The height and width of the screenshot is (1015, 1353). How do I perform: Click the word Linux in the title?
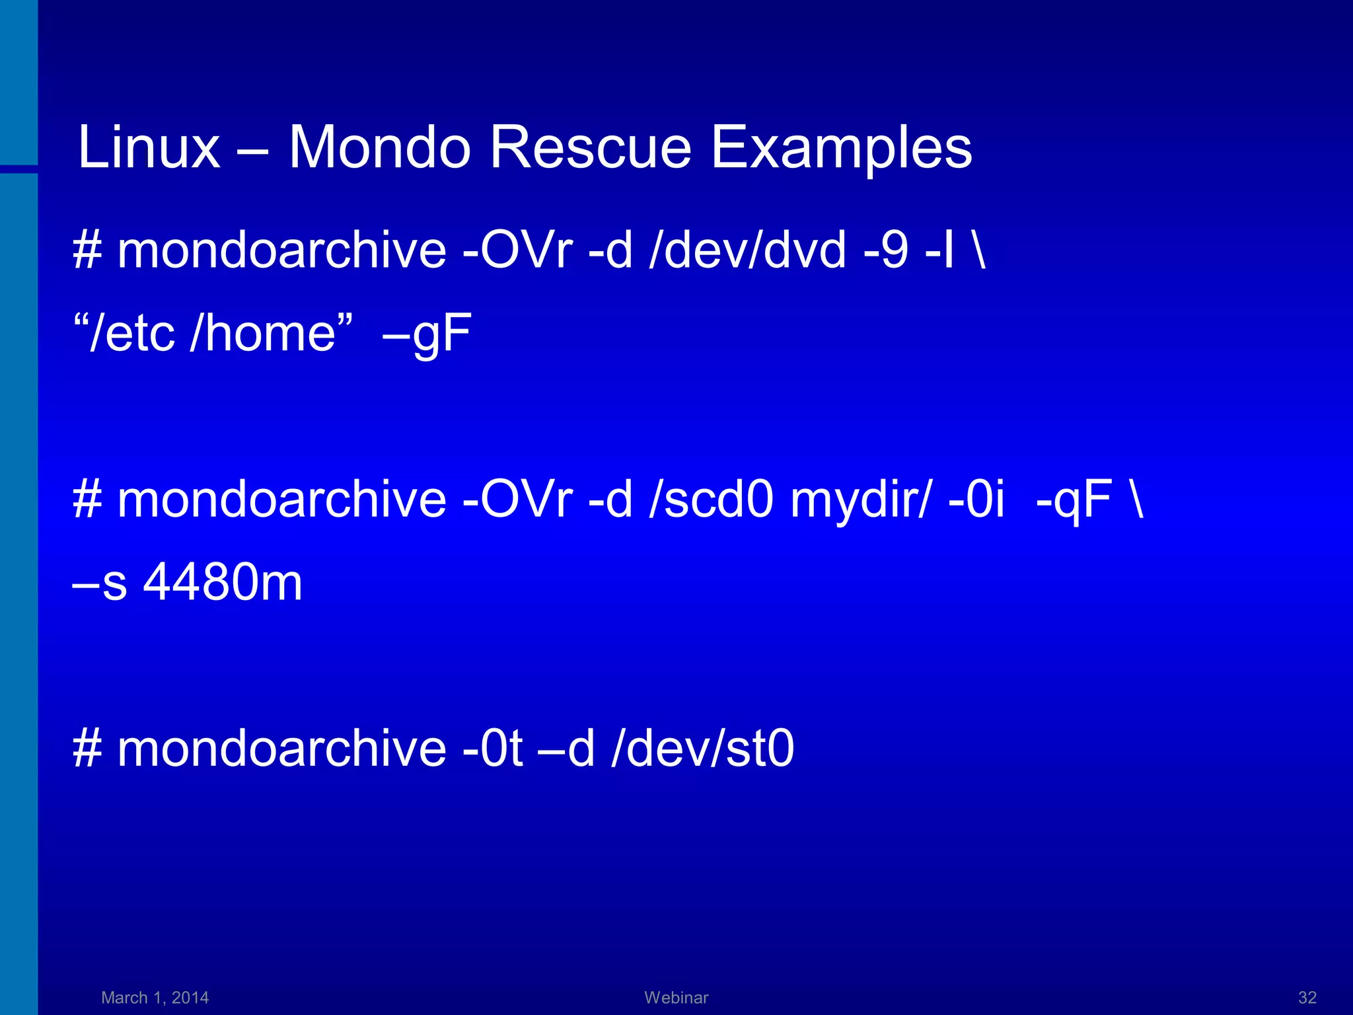coord(149,147)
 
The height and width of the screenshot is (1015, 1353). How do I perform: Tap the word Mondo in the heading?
coord(379,147)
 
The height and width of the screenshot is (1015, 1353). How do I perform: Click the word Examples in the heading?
coord(841,149)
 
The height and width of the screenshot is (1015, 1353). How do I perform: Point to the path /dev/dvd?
coord(748,251)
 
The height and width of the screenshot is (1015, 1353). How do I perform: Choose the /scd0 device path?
coord(711,500)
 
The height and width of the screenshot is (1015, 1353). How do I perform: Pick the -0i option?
coord(976,500)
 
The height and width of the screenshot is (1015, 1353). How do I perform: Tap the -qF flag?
coord(1074,501)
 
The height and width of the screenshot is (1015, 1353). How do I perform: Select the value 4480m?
coord(223,582)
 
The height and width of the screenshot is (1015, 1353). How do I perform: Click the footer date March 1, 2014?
coord(155,997)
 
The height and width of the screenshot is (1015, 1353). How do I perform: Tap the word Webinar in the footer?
coord(676,997)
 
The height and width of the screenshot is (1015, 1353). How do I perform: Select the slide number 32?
coord(1307,997)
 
